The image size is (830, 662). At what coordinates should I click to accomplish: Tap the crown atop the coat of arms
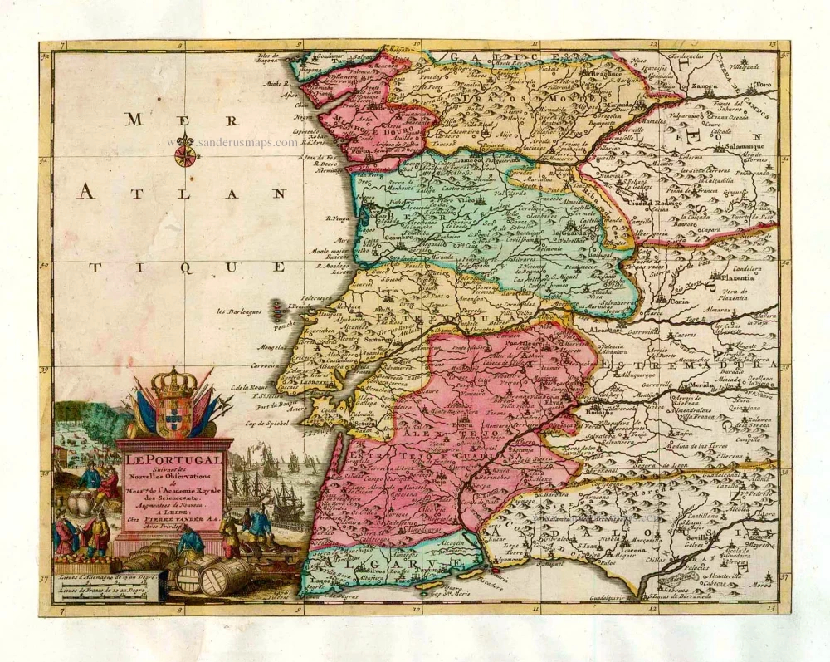[173, 383]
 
